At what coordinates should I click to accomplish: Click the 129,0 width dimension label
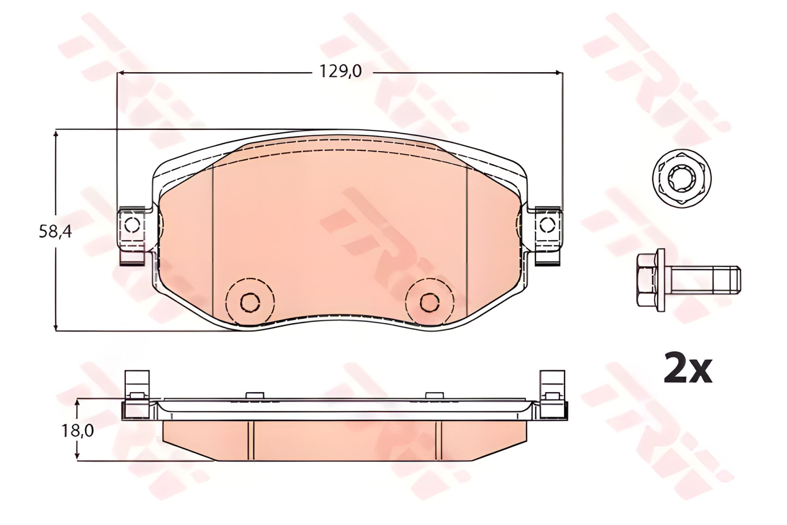340,71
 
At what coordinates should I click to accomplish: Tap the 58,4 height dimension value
55,232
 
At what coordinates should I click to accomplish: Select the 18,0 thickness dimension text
77,430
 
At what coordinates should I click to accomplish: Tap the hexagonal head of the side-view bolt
646,280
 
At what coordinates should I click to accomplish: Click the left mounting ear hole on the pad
132,225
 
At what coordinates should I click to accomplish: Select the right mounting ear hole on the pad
547,225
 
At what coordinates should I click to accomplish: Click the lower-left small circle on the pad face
250,303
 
